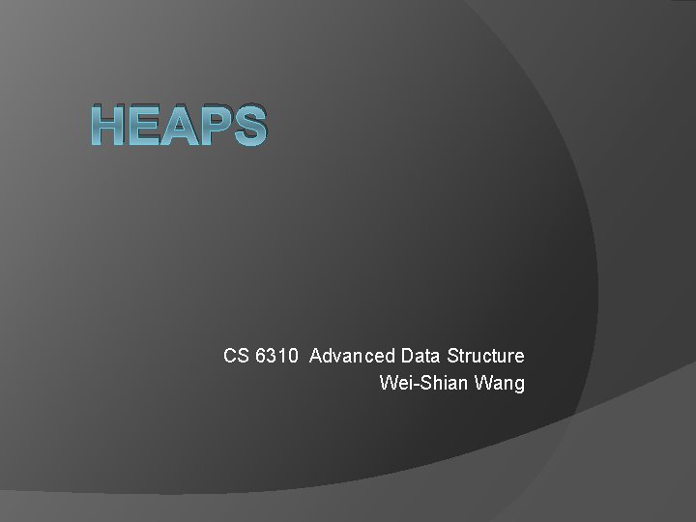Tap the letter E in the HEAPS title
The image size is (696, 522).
[147, 127]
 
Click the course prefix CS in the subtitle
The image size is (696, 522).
[237, 356]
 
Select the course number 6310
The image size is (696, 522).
[276, 356]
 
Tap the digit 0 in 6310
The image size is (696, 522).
[292, 356]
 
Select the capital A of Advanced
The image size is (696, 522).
[316, 356]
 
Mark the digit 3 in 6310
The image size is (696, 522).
[272, 356]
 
